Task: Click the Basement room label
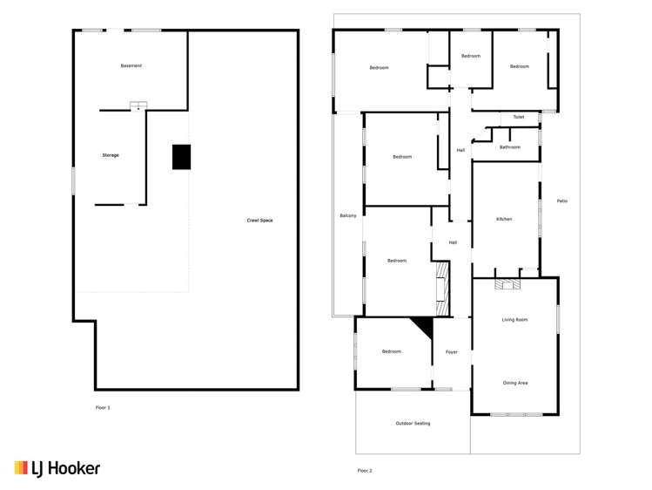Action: click(x=131, y=66)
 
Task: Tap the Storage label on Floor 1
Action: click(x=111, y=155)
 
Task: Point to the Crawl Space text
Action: click(x=260, y=221)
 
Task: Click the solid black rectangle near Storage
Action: click(x=181, y=157)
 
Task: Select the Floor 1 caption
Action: click(x=103, y=407)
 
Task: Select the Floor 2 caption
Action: click(x=364, y=471)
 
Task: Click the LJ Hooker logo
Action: click(x=57, y=468)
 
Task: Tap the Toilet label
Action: click(x=518, y=117)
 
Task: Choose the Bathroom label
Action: click(x=509, y=147)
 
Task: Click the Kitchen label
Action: click(x=503, y=219)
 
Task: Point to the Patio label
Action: click(x=562, y=201)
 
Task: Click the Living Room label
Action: click(x=514, y=320)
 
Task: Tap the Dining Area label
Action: click(x=515, y=383)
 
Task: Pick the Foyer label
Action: click(x=452, y=351)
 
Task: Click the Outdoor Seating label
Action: click(x=413, y=424)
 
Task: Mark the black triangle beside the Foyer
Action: click(x=424, y=328)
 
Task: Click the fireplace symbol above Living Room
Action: click(x=506, y=283)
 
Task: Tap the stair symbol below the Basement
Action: click(x=138, y=106)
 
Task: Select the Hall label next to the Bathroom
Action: click(x=460, y=151)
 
